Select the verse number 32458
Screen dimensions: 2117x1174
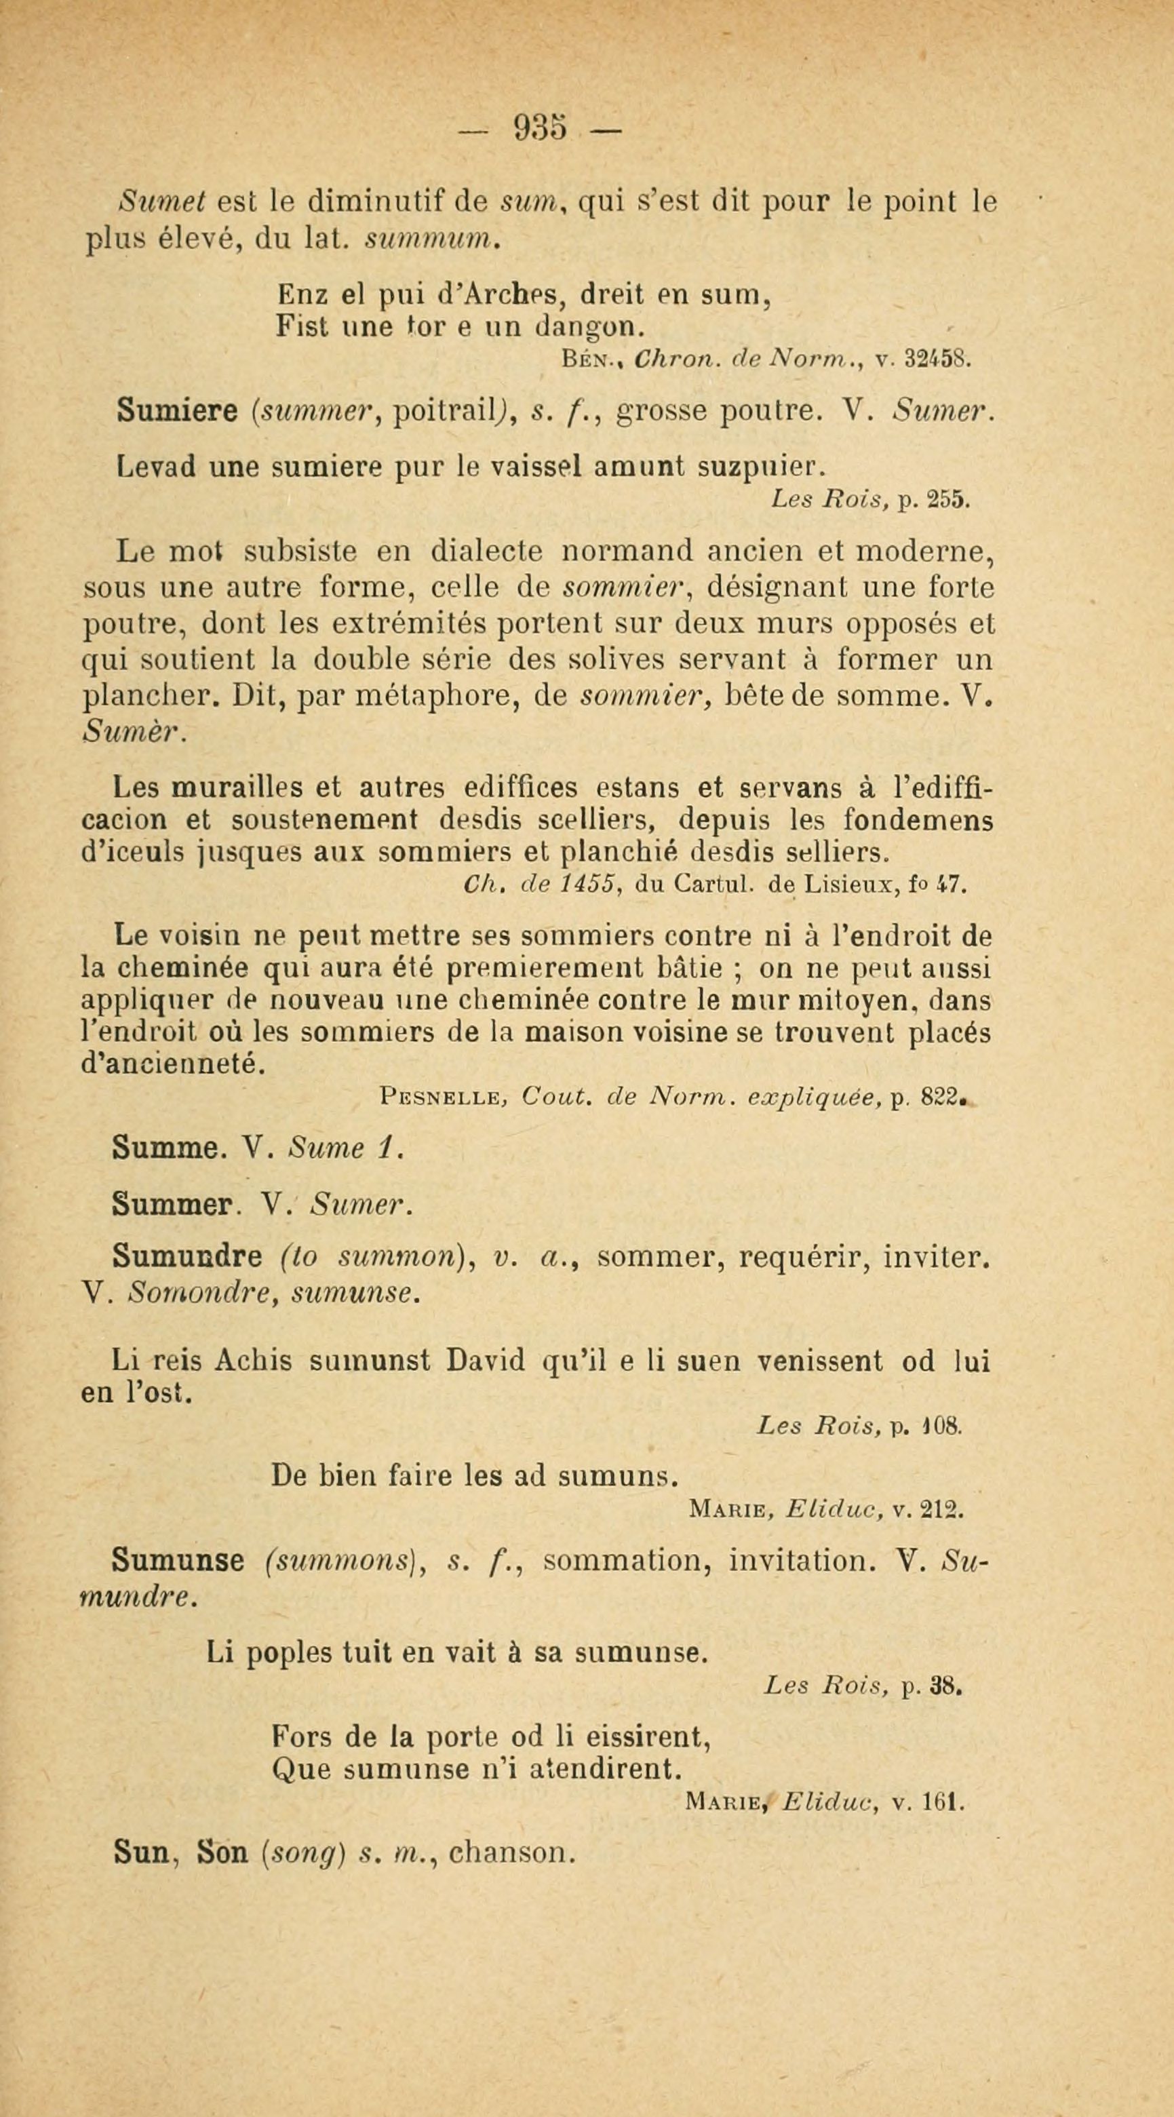point(939,359)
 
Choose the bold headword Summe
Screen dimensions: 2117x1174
point(166,1148)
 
